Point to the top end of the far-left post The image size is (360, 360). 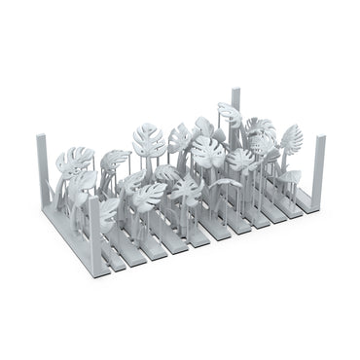pos(42,137)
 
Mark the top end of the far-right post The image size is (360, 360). pos(320,139)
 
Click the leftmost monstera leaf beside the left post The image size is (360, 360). pos(73,161)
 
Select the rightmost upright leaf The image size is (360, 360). pos(291,137)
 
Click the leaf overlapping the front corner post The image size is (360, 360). pos(107,209)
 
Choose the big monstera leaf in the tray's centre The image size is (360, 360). pos(207,151)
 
